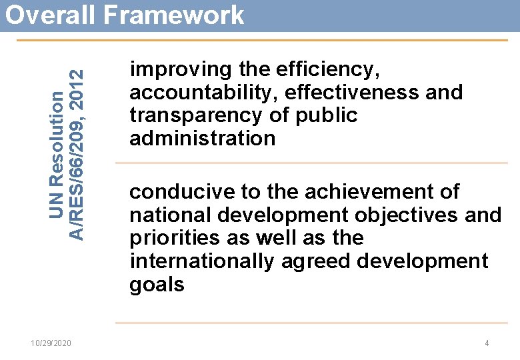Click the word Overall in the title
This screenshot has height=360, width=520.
tap(47, 15)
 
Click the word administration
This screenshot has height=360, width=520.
tap(203, 139)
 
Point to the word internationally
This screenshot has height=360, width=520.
tap(201, 261)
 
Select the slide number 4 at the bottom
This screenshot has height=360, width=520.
tap(487, 343)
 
